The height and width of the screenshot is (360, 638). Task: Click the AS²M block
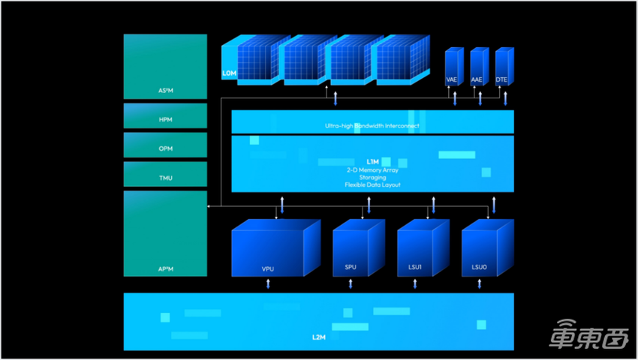165,65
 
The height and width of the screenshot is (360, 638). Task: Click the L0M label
230,73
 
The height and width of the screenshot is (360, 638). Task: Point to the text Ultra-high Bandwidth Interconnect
372,126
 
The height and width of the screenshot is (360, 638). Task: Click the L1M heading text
372,162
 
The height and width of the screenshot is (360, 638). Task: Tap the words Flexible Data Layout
372,184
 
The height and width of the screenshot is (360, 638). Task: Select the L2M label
318,338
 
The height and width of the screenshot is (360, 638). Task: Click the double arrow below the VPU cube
269,284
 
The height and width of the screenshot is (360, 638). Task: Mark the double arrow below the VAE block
455,98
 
